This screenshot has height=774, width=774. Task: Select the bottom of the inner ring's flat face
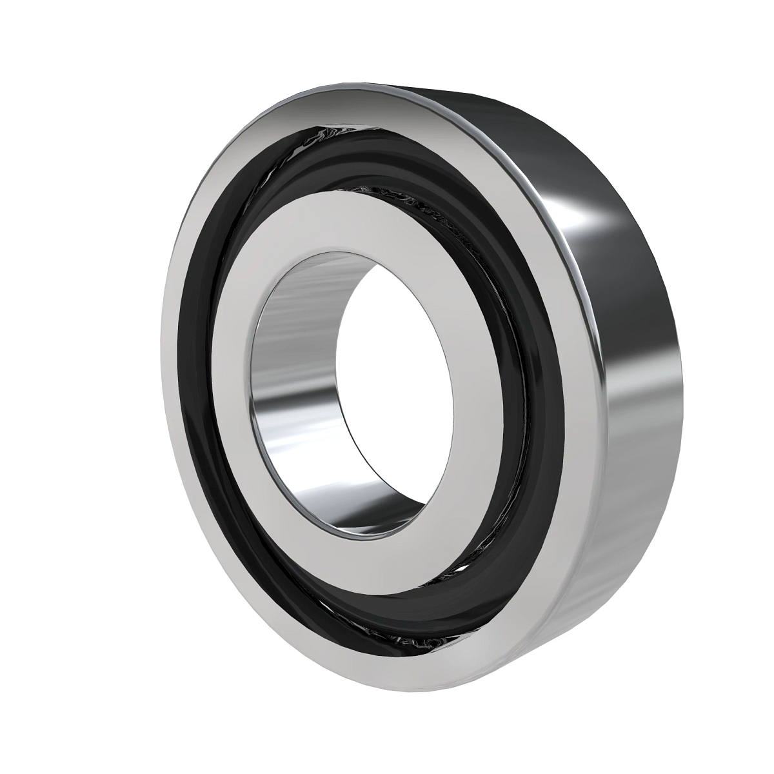click(x=387, y=568)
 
